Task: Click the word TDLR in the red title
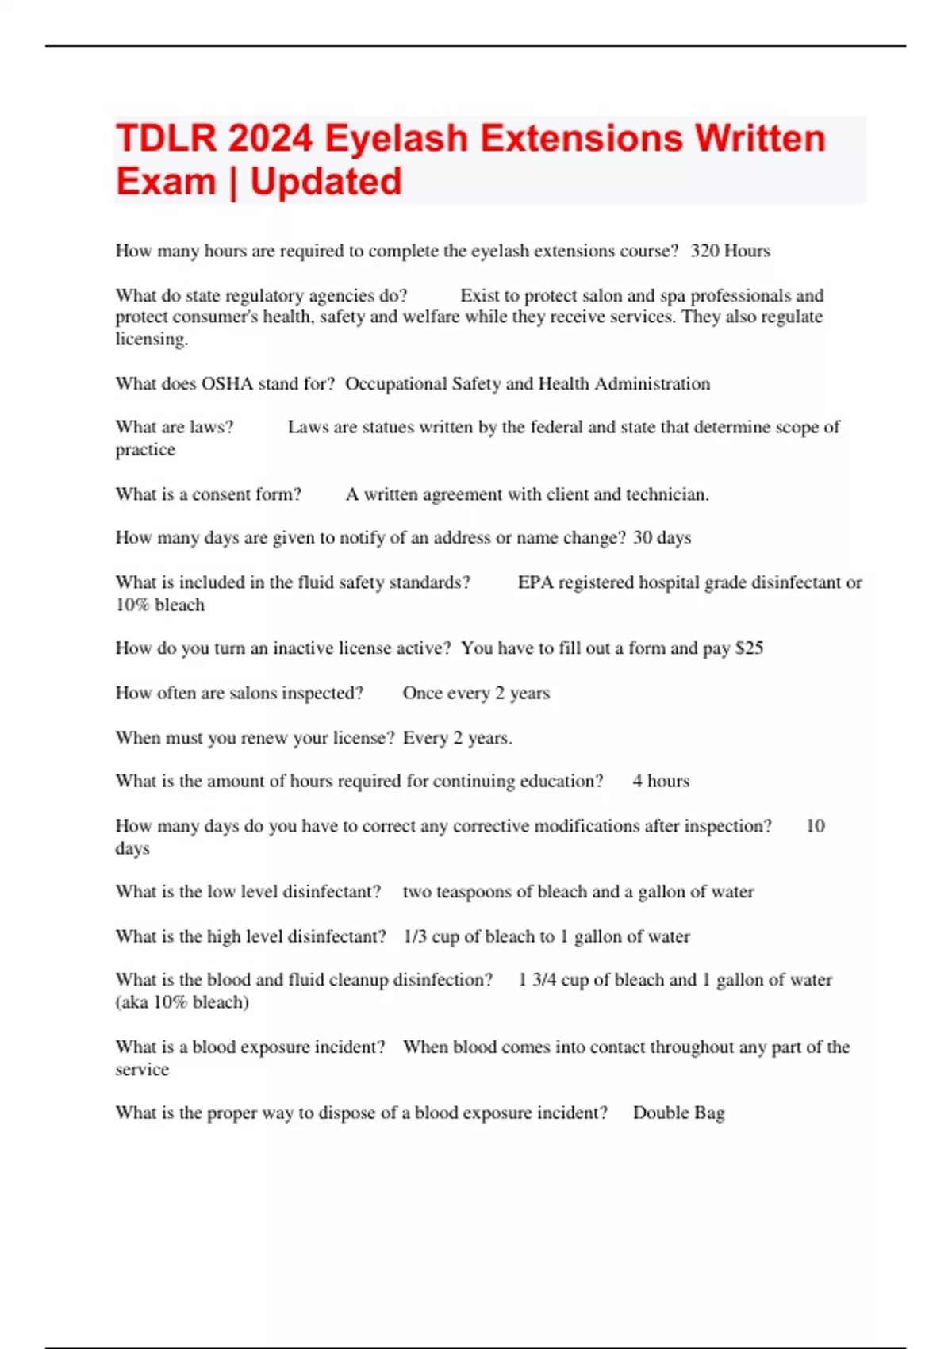[x=166, y=138]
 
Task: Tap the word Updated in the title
[x=326, y=182]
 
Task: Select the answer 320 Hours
[x=730, y=251]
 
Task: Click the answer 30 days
[x=662, y=538]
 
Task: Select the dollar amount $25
[x=749, y=648]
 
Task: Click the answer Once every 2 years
[x=476, y=693]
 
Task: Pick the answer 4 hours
[x=661, y=781]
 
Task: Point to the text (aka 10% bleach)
[x=182, y=1002]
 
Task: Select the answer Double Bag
[x=678, y=1113]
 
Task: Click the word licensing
[x=151, y=339]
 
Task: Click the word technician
[x=667, y=494]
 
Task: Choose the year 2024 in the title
[x=271, y=138]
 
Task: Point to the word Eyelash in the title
[x=396, y=138]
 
